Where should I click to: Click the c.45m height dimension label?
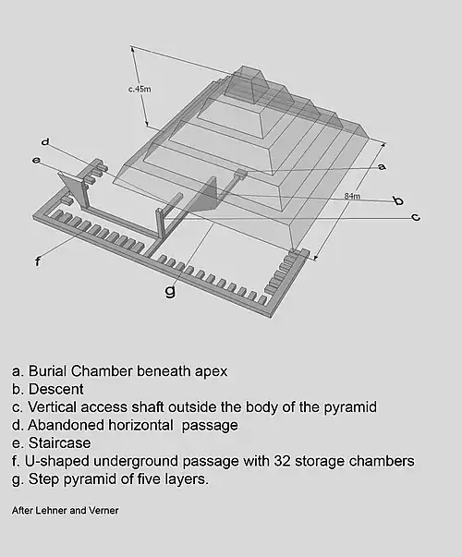140,89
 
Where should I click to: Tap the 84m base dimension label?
352,196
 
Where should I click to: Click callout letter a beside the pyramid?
382,166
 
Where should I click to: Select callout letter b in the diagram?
399,200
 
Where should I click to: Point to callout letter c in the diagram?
416,217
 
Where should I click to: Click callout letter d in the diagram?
45,142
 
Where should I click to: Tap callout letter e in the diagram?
36,160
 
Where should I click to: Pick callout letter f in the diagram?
38,261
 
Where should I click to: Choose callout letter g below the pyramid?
171,291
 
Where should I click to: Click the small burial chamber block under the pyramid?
240,173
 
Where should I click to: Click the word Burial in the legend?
48,371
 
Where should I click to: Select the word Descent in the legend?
55,389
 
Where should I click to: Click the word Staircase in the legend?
59,443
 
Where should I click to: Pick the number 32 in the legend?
282,461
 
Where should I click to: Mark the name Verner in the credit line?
103,511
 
